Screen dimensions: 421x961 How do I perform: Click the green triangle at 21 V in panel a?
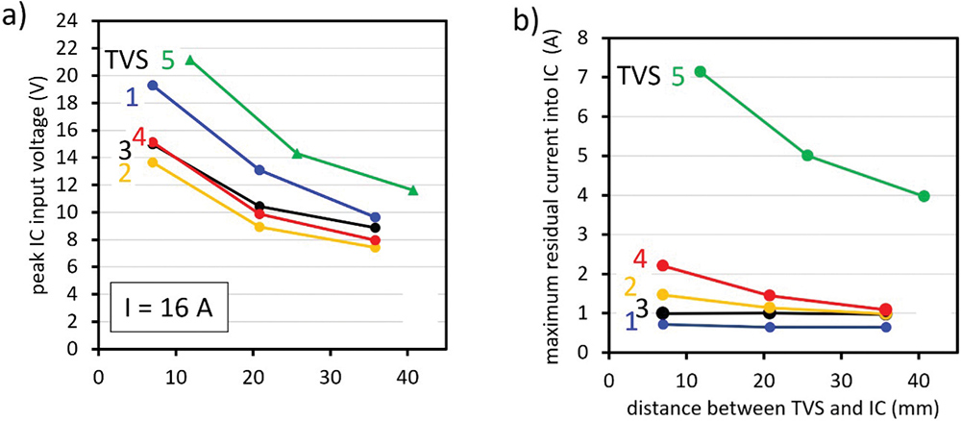190,61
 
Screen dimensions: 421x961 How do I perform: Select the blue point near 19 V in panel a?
152,86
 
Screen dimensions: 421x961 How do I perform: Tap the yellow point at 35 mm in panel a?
375,247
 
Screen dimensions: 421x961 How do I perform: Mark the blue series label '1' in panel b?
630,322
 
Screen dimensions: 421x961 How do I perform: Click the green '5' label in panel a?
167,62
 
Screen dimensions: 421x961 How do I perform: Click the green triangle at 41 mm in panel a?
413,190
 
